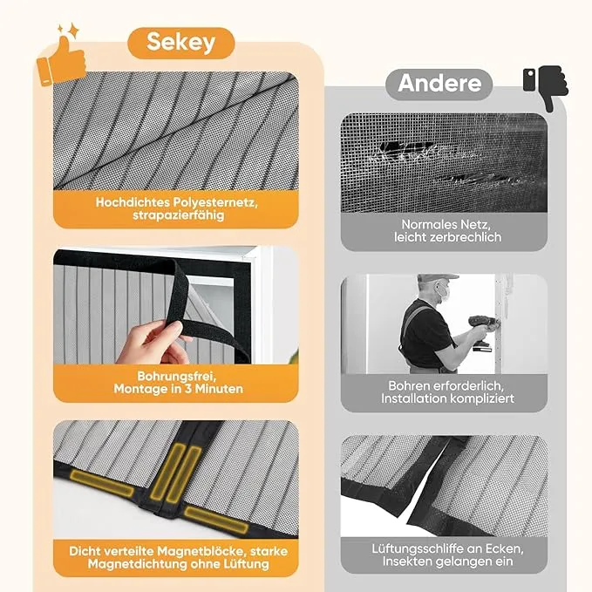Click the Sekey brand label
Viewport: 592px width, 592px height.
coord(181,42)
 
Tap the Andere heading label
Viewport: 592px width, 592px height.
coord(439,84)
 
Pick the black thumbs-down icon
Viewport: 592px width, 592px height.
coord(546,87)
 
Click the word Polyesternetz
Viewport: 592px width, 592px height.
coord(215,203)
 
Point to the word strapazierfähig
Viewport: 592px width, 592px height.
coord(178,215)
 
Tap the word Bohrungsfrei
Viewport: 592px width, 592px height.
coord(176,376)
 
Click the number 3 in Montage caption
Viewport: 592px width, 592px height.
coord(187,389)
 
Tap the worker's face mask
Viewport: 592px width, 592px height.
coord(445,292)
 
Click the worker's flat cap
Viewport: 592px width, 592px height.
coord(437,278)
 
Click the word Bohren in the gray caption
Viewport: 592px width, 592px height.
coord(409,386)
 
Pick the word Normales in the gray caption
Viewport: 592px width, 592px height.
coord(425,224)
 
